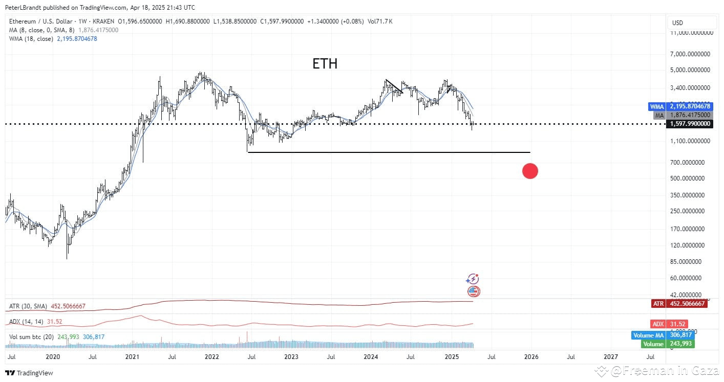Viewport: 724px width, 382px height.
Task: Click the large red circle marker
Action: (x=530, y=171)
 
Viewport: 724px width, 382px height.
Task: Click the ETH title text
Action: (x=325, y=64)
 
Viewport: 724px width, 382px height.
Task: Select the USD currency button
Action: (x=677, y=23)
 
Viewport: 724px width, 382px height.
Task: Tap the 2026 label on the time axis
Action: (x=530, y=356)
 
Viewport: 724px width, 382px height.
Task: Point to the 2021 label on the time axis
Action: (x=133, y=356)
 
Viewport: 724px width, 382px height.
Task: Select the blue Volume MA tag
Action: (x=664, y=335)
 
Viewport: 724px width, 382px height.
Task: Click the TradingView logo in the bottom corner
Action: (x=30, y=373)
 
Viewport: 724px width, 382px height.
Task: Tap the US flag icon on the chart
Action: (x=474, y=291)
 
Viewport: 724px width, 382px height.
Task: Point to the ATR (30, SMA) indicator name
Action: (x=28, y=306)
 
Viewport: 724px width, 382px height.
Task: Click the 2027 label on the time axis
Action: (x=610, y=356)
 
